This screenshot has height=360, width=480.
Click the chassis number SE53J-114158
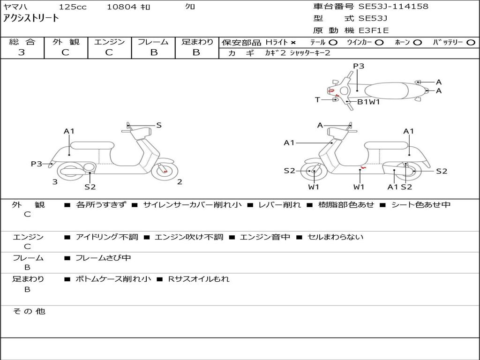[393, 7]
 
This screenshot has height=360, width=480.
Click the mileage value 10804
[121, 7]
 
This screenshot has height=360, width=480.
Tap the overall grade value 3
[22, 52]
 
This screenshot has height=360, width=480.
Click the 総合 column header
[22, 42]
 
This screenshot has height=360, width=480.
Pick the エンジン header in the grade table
[109, 42]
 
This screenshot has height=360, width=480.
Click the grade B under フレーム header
[153, 52]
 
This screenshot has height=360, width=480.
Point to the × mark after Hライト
[293, 43]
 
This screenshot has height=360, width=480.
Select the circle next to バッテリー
[471, 43]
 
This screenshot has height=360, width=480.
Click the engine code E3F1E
[374, 30]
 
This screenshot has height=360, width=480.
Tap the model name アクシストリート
[31, 18]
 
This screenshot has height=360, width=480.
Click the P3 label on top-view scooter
[358, 66]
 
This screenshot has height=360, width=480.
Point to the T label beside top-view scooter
[317, 99]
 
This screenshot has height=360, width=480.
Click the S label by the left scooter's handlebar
[159, 125]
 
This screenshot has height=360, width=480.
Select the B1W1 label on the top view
[368, 102]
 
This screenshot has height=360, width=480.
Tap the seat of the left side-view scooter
[92, 145]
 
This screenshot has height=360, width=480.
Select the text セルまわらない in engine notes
[335, 237]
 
